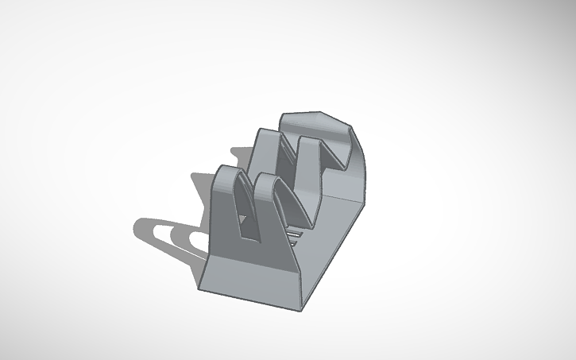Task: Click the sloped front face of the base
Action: [x=254, y=274]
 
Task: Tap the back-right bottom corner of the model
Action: [x=367, y=205]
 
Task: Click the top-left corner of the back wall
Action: [x=282, y=117]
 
